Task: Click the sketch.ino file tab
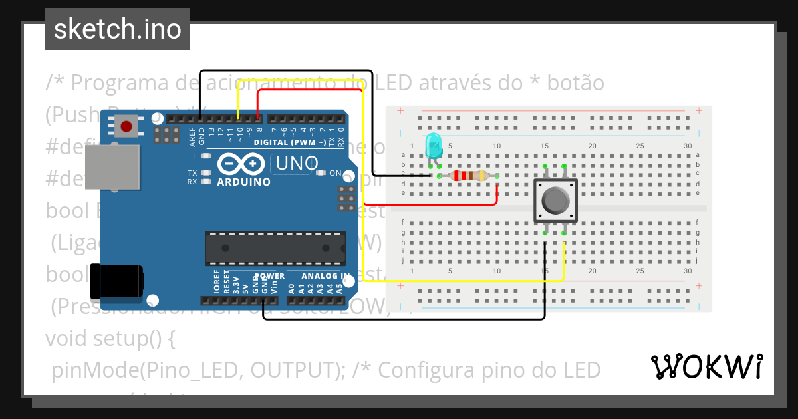point(117,29)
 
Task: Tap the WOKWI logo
point(706,366)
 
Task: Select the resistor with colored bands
point(468,176)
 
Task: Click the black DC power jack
point(116,281)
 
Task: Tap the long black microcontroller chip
point(275,249)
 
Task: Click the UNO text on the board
point(293,163)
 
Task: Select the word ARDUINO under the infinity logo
point(243,182)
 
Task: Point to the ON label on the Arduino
point(335,174)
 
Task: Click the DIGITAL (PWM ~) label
point(289,142)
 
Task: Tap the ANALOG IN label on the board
point(325,276)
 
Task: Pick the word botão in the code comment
point(577,83)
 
